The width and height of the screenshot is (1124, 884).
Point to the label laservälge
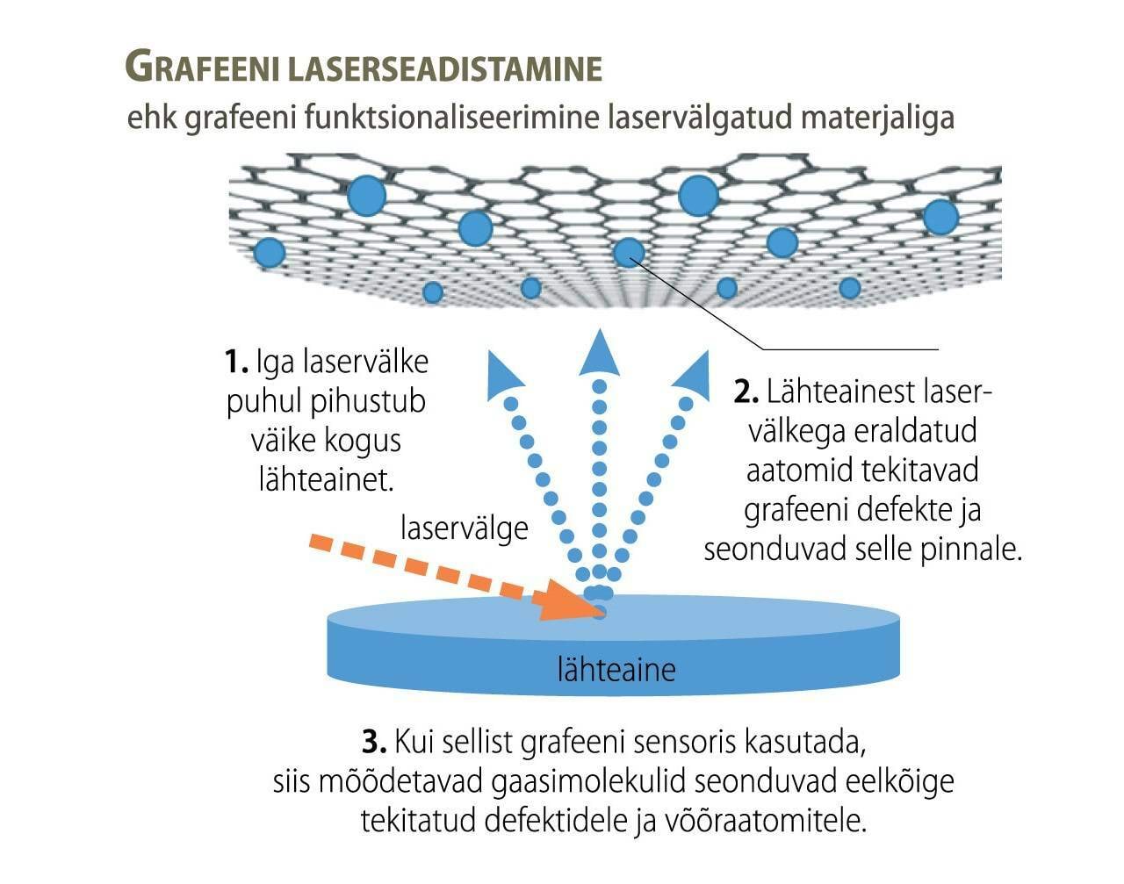click(464, 528)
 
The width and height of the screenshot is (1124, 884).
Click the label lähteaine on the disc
click(616, 670)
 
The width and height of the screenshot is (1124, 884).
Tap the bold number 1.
click(234, 362)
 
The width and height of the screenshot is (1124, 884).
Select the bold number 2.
click(746, 392)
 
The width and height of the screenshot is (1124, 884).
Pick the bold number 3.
click(374, 742)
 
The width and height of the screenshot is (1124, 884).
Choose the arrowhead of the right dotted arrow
click(693, 373)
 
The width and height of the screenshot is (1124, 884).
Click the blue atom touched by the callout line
click(629, 252)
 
